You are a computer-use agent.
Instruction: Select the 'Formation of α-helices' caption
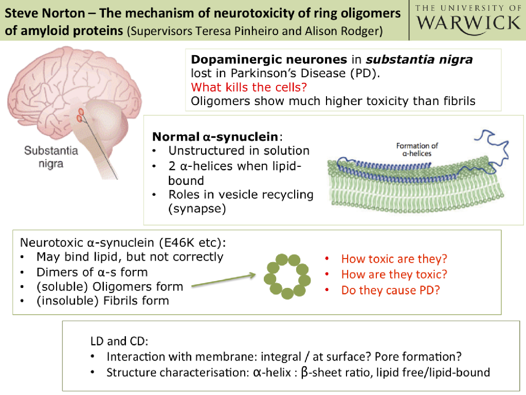[417, 150]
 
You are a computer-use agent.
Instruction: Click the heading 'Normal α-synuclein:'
[217, 137]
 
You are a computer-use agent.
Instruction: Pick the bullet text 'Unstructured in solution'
[239, 151]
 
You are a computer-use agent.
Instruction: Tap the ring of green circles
[287, 276]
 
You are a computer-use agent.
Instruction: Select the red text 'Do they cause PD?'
[391, 290]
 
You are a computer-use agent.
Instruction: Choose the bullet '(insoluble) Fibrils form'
[102, 300]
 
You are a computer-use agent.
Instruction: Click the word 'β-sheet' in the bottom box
[319, 372]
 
